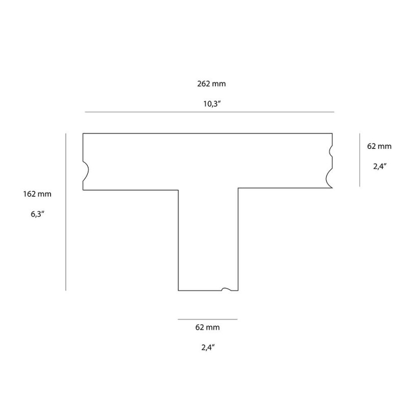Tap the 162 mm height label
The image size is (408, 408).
click(x=37, y=194)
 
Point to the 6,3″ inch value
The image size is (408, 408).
click(x=37, y=215)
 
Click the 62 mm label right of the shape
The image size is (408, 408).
click(x=379, y=146)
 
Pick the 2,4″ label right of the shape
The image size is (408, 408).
click(x=379, y=166)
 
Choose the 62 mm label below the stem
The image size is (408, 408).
click(x=208, y=328)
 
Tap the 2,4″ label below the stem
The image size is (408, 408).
click(x=208, y=348)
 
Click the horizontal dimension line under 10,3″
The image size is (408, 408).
click(x=209, y=112)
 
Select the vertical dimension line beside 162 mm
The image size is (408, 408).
click(x=66, y=212)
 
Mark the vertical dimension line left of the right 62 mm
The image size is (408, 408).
click(x=360, y=160)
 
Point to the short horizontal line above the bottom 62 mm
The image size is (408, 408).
click(x=208, y=319)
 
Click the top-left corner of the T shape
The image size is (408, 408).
click(x=83, y=134)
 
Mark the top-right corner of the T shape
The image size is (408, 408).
click(x=333, y=134)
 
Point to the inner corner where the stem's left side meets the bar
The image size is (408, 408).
click(x=178, y=190)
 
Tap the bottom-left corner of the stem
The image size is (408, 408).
click(x=178, y=290)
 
